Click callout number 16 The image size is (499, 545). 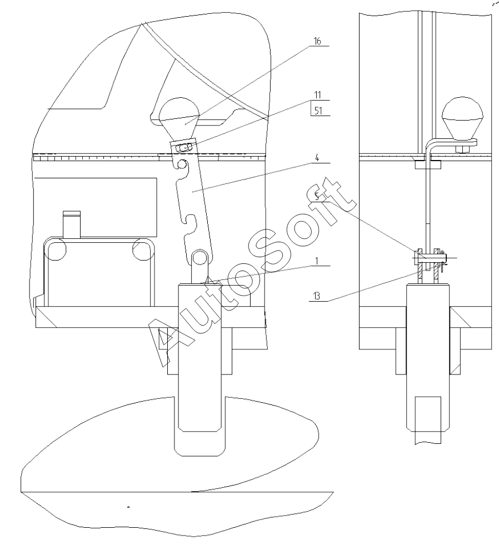tap(317, 41)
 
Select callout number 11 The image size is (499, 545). tap(317, 94)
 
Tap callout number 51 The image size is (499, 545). tap(318, 111)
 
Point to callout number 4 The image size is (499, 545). tap(317, 158)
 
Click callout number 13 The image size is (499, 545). tap(316, 296)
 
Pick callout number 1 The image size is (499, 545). tap(317, 261)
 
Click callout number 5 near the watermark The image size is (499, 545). tap(316, 196)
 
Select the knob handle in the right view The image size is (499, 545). tap(462, 118)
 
